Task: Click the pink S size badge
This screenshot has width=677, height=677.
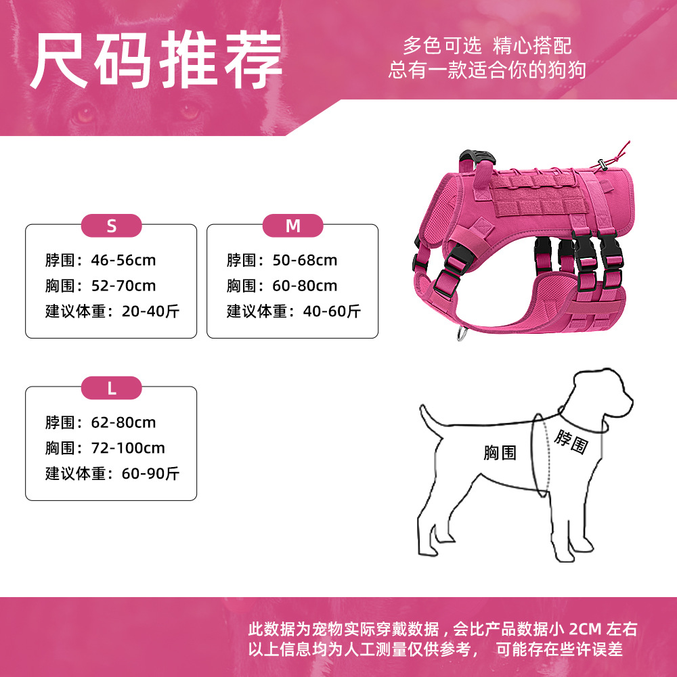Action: (112, 225)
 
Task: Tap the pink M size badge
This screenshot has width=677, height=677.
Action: (292, 225)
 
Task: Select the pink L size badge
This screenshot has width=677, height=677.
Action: (112, 388)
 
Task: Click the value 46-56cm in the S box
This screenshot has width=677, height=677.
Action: (123, 261)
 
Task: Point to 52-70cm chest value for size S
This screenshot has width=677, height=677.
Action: (123, 286)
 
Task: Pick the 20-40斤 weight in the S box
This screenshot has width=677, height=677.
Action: (150, 311)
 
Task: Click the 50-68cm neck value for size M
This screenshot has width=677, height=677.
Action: (305, 261)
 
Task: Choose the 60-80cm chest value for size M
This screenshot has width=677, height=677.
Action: (305, 286)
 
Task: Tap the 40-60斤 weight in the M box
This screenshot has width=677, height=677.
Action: (332, 311)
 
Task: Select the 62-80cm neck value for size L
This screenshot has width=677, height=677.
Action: (123, 422)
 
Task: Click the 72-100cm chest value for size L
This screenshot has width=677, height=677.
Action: (128, 448)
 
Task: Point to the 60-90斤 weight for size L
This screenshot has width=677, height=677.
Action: (150, 474)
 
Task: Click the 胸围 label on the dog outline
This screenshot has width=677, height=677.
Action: (500, 453)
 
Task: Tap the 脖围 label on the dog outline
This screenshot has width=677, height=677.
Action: (571, 441)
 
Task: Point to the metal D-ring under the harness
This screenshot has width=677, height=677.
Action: (462, 334)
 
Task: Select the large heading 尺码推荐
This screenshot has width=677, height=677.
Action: (156, 60)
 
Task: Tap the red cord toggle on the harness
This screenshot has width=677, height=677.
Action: (601, 164)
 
